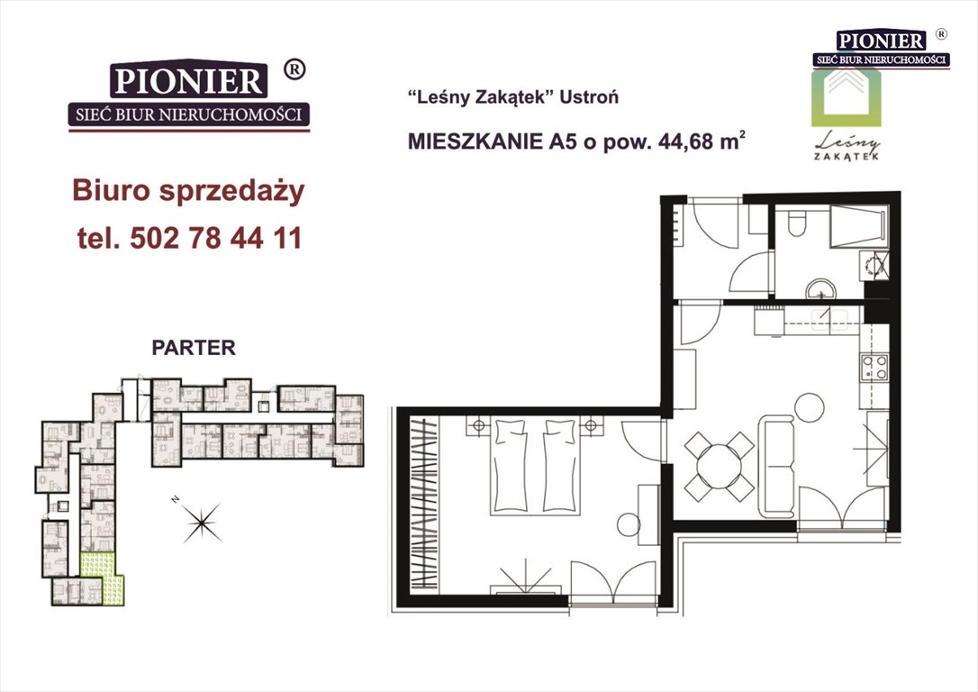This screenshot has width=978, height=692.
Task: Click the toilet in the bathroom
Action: click(x=796, y=223)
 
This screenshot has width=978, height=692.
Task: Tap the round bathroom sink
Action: click(x=820, y=290)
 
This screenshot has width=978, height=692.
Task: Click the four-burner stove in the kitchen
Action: click(x=874, y=367)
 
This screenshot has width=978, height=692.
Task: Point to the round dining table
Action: click(x=720, y=466)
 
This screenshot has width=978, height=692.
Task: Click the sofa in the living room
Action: click(x=776, y=466)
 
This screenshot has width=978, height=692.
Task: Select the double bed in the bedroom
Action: click(x=535, y=467)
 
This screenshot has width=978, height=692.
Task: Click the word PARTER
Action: click(x=194, y=348)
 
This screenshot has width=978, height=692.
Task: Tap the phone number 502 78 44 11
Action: click(x=216, y=238)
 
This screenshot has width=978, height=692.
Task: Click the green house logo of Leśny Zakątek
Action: click(x=847, y=98)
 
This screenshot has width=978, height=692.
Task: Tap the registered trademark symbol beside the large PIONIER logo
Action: click(x=294, y=69)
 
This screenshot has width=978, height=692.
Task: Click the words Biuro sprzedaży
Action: click(x=188, y=191)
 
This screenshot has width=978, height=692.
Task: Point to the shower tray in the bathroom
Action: click(x=857, y=223)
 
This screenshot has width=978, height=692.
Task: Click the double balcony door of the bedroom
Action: click(x=614, y=584)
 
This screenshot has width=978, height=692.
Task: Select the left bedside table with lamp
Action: click(x=478, y=425)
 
